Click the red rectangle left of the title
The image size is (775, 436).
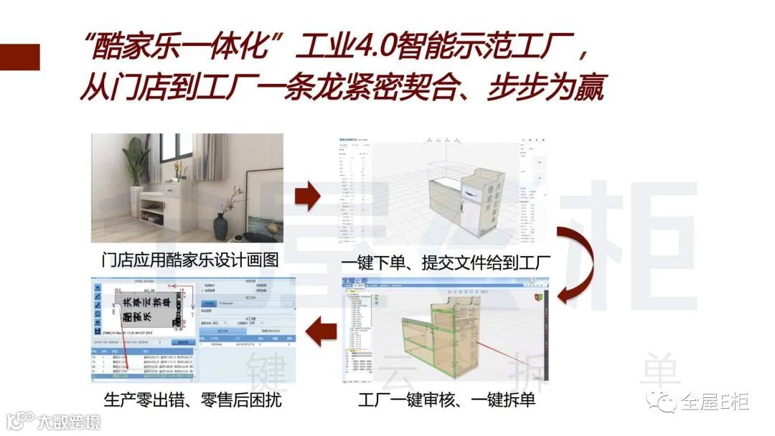[19, 57]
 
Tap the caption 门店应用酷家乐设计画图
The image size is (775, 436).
[189, 260]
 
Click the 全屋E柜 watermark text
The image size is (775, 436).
[715, 402]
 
